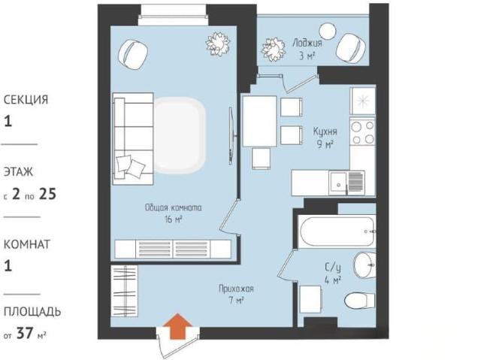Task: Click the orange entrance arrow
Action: (x=177, y=326)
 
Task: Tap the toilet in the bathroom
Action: (x=359, y=300)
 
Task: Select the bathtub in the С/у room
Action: (x=337, y=231)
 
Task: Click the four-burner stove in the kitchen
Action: (x=362, y=132)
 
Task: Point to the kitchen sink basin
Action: (x=338, y=183)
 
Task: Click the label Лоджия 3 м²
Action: (x=307, y=49)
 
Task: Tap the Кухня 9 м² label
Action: (x=325, y=138)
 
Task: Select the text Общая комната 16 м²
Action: (x=174, y=213)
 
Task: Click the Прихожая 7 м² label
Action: (x=236, y=295)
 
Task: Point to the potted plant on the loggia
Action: (x=274, y=50)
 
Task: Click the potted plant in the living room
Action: (x=218, y=44)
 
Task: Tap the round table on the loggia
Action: (x=328, y=32)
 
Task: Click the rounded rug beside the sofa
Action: (x=180, y=135)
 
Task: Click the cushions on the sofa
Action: (x=130, y=166)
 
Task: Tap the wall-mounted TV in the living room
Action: (x=231, y=135)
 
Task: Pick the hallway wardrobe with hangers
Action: (x=124, y=291)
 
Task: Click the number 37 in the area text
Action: (x=25, y=333)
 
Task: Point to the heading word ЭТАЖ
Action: (x=18, y=171)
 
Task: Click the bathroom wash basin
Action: (x=365, y=265)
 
